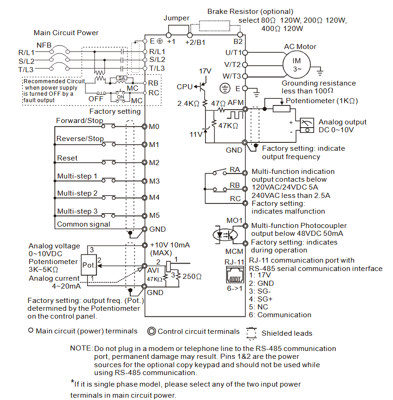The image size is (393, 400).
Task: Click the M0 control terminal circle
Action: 145,127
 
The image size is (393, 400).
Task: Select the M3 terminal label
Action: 154,181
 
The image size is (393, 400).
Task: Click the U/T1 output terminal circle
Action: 245,53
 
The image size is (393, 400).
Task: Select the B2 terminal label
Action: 238,42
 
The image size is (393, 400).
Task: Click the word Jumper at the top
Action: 176,18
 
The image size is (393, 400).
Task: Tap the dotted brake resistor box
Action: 214,25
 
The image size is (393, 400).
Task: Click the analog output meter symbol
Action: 307,125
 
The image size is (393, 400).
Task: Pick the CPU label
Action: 184,87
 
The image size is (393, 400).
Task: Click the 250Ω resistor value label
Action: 192,277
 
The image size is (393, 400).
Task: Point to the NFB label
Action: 44,45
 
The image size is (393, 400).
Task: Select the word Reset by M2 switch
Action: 67,158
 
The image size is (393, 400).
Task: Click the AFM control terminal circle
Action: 245,109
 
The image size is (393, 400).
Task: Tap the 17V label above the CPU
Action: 205,71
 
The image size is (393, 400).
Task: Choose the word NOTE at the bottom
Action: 80,348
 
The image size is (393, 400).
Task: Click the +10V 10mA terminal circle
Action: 145,245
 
